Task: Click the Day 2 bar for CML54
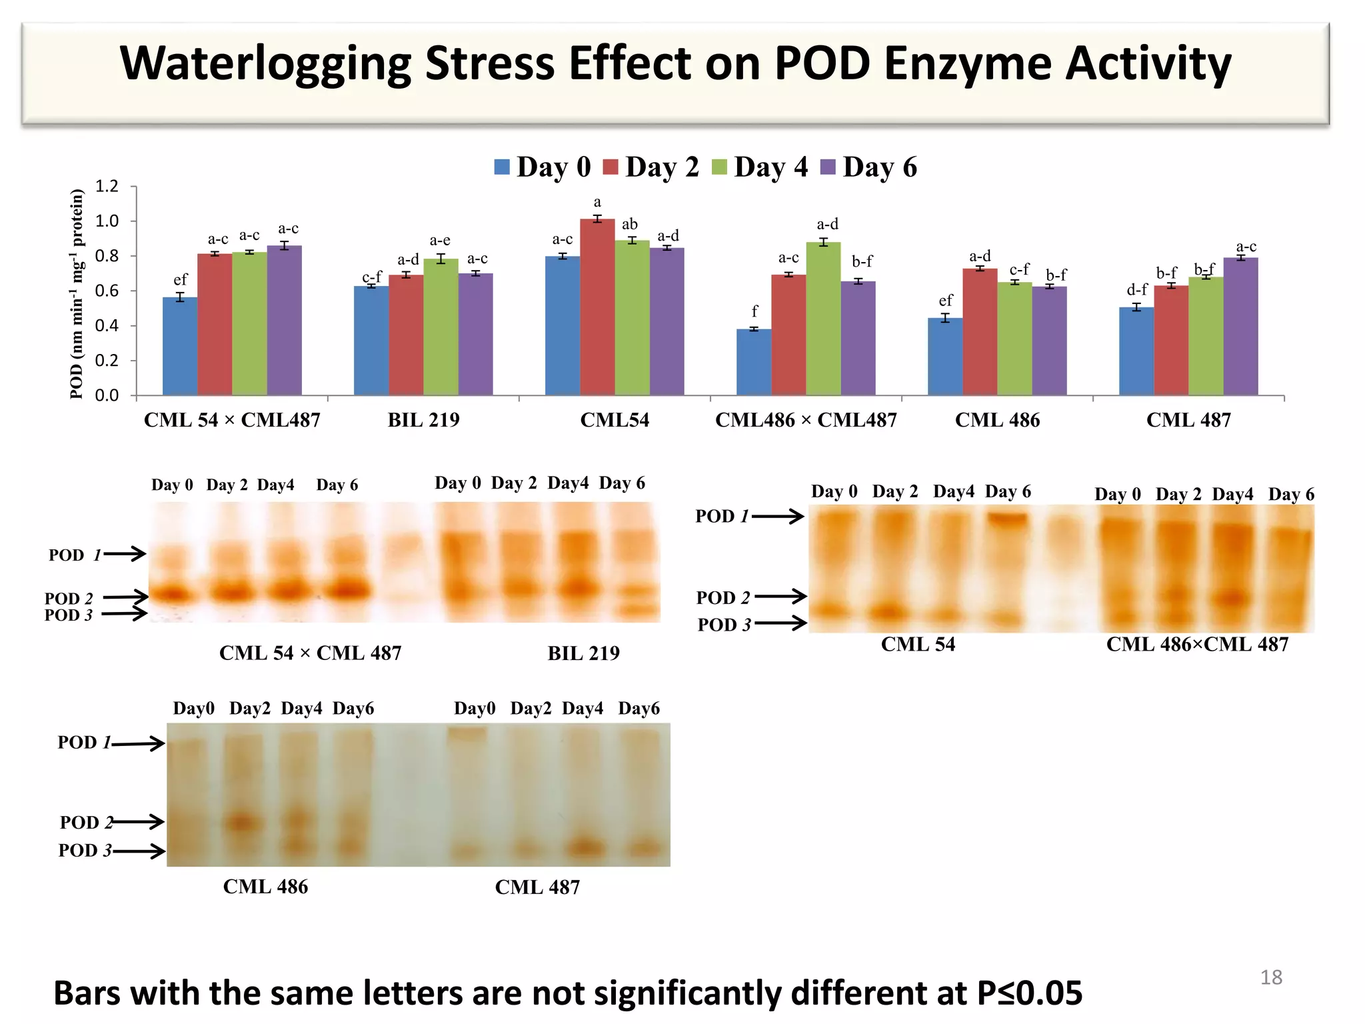[597, 307]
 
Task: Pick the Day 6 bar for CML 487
[1240, 327]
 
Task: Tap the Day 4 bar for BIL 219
[441, 327]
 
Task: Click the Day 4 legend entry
[760, 167]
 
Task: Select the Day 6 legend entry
[868, 167]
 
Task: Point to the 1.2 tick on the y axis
[107, 186]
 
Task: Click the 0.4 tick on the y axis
[107, 326]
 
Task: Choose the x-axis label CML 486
[997, 420]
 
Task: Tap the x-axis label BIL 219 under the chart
[423, 420]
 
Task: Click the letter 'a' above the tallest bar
[597, 202]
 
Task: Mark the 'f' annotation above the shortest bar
[754, 311]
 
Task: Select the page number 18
[1271, 977]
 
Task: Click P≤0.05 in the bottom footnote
[1029, 993]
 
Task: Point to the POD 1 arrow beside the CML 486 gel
[138, 743]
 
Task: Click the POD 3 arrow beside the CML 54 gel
[780, 623]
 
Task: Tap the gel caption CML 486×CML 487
[1197, 644]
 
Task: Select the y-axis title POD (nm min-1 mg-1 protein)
[77, 293]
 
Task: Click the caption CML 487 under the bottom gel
[537, 887]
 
